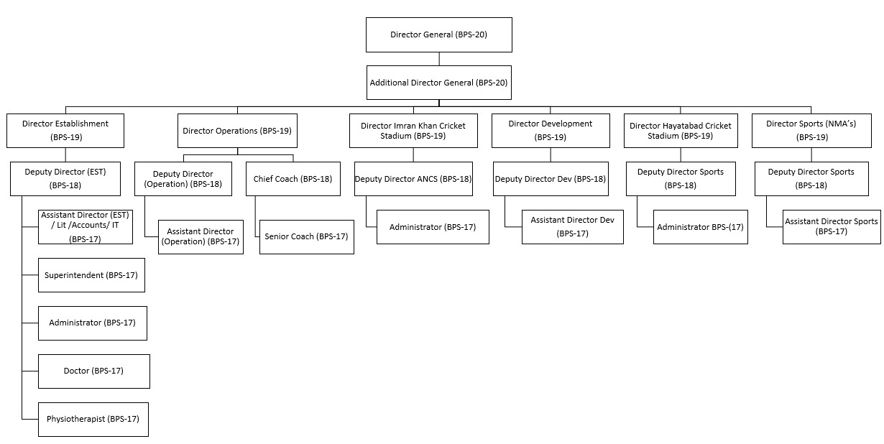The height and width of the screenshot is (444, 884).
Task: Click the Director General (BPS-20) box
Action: pyautogui.click(x=439, y=34)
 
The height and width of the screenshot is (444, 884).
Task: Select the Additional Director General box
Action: pyautogui.click(x=439, y=83)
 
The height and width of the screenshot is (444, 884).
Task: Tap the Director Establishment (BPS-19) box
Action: pyautogui.click(x=65, y=131)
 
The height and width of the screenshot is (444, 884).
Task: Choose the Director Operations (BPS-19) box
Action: pyautogui.click(x=237, y=131)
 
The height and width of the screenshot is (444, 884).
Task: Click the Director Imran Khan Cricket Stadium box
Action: pyautogui.click(x=413, y=131)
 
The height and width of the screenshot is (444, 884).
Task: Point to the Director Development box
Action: pyautogui.click(x=551, y=131)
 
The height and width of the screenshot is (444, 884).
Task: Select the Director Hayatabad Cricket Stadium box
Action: pyautogui.click(x=681, y=131)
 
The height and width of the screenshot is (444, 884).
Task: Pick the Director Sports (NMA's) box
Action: pyautogui.click(x=811, y=131)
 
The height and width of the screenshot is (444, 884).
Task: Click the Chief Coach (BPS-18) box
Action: pyautogui.click(x=293, y=179)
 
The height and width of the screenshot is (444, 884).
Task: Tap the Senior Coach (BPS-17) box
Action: pyautogui.click(x=307, y=237)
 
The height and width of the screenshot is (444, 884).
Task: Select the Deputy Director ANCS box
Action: pyautogui.click(x=413, y=179)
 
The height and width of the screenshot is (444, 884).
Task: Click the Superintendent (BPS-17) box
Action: pyautogui.click(x=91, y=275)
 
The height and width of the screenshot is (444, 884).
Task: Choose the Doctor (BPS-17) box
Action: pyautogui.click(x=94, y=371)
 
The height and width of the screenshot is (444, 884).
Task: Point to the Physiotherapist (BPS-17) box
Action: pyautogui.click(x=93, y=420)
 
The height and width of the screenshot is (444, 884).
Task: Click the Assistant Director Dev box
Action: pyautogui.click(x=573, y=227)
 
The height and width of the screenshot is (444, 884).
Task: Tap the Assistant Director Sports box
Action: pyautogui.click(x=832, y=227)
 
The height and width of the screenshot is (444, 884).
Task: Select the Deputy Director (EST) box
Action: pyautogui.click(x=65, y=179)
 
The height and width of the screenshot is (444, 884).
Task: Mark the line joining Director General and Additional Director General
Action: pyautogui.click(x=439, y=59)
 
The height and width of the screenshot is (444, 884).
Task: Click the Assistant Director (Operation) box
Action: pyautogui.click(x=201, y=237)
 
